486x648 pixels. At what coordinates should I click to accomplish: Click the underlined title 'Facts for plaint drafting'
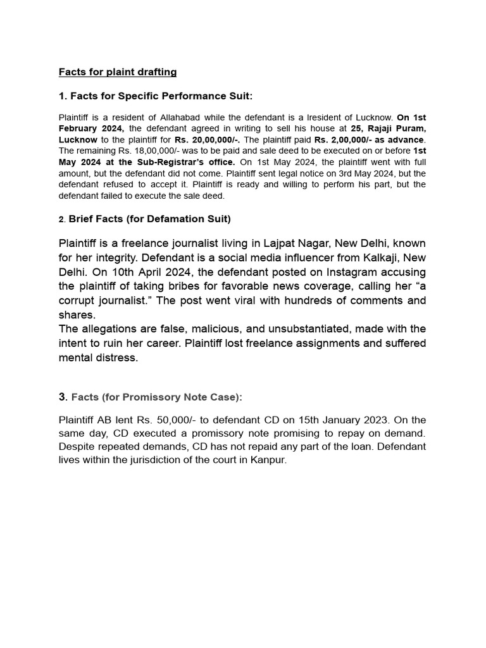[118, 72]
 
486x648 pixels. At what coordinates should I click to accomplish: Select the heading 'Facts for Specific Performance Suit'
[161, 96]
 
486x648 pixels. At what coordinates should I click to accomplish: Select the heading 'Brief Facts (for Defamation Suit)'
[149, 219]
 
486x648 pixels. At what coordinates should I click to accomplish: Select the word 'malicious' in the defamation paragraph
[204, 329]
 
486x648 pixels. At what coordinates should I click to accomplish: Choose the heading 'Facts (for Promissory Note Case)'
[156, 397]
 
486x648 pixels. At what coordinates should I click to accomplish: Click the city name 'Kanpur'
[268, 460]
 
